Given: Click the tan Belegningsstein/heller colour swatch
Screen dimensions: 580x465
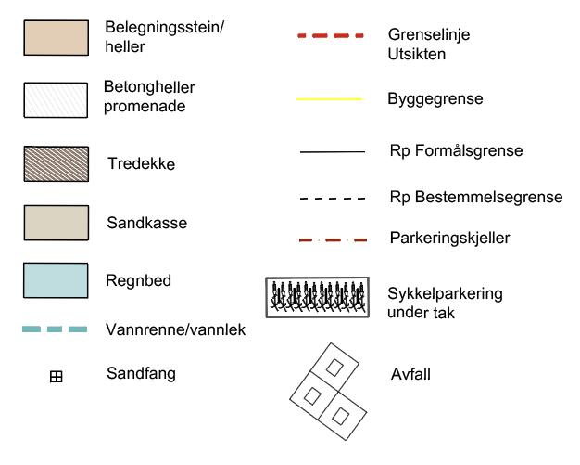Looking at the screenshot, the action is tap(56, 37).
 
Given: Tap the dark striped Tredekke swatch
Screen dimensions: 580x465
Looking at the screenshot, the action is tap(56, 163).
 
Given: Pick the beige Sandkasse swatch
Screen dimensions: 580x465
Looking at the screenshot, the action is tap(56, 223).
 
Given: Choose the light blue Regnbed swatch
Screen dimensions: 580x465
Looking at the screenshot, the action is tap(56, 280).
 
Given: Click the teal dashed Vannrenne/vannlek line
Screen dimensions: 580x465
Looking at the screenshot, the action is tap(55, 329).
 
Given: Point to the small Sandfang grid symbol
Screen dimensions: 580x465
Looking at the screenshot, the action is tap(56, 377).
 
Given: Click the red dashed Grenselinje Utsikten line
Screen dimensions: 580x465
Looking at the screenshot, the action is tap(331, 36).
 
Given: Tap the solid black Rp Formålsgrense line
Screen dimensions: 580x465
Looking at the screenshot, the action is tap(332, 151).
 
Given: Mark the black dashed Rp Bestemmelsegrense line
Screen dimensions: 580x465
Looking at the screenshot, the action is tap(332, 199).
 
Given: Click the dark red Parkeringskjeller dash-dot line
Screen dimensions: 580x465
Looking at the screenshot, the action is tap(332, 239).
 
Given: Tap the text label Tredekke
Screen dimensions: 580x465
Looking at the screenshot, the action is tap(142, 164).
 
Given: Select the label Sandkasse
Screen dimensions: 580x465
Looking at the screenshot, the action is tap(146, 224).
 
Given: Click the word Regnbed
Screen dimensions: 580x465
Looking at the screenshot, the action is tap(140, 279).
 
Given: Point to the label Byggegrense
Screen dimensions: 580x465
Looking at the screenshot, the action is tap(435, 97).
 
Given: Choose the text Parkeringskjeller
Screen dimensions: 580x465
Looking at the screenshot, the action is tap(450, 239).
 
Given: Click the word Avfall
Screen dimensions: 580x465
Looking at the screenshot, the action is tap(410, 375).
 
